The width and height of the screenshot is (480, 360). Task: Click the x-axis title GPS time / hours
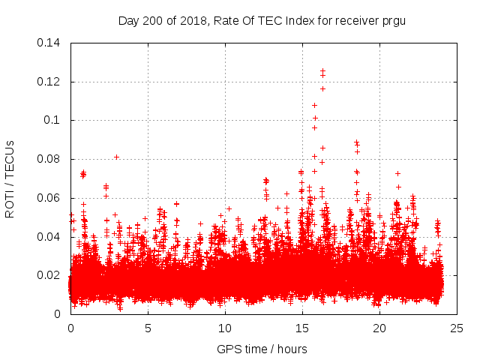[x=262, y=349]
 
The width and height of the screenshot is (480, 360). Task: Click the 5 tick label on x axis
[x=148, y=328]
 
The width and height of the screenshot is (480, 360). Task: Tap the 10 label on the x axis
[x=225, y=328]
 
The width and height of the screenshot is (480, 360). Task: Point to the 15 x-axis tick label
[x=302, y=328]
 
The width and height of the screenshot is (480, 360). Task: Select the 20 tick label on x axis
[x=379, y=328]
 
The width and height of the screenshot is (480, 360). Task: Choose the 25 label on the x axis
[x=457, y=328]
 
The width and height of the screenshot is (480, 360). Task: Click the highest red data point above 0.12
[x=322, y=70]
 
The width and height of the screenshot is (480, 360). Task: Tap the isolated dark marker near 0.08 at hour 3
[x=116, y=157]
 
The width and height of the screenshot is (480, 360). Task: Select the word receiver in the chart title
[x=353, y=20]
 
